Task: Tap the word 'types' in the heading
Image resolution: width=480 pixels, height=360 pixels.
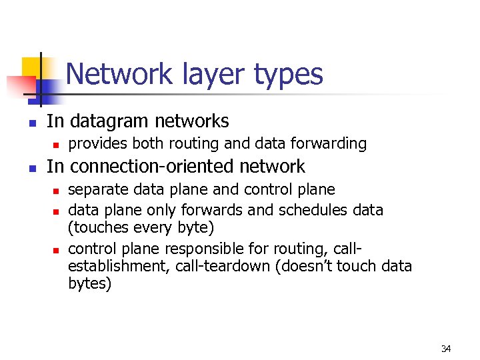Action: (288, 75)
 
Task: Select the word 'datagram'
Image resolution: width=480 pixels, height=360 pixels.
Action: (110, 121)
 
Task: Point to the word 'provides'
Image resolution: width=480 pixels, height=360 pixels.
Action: (99, 143)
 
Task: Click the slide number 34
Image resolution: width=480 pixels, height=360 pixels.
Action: (446, 349)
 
